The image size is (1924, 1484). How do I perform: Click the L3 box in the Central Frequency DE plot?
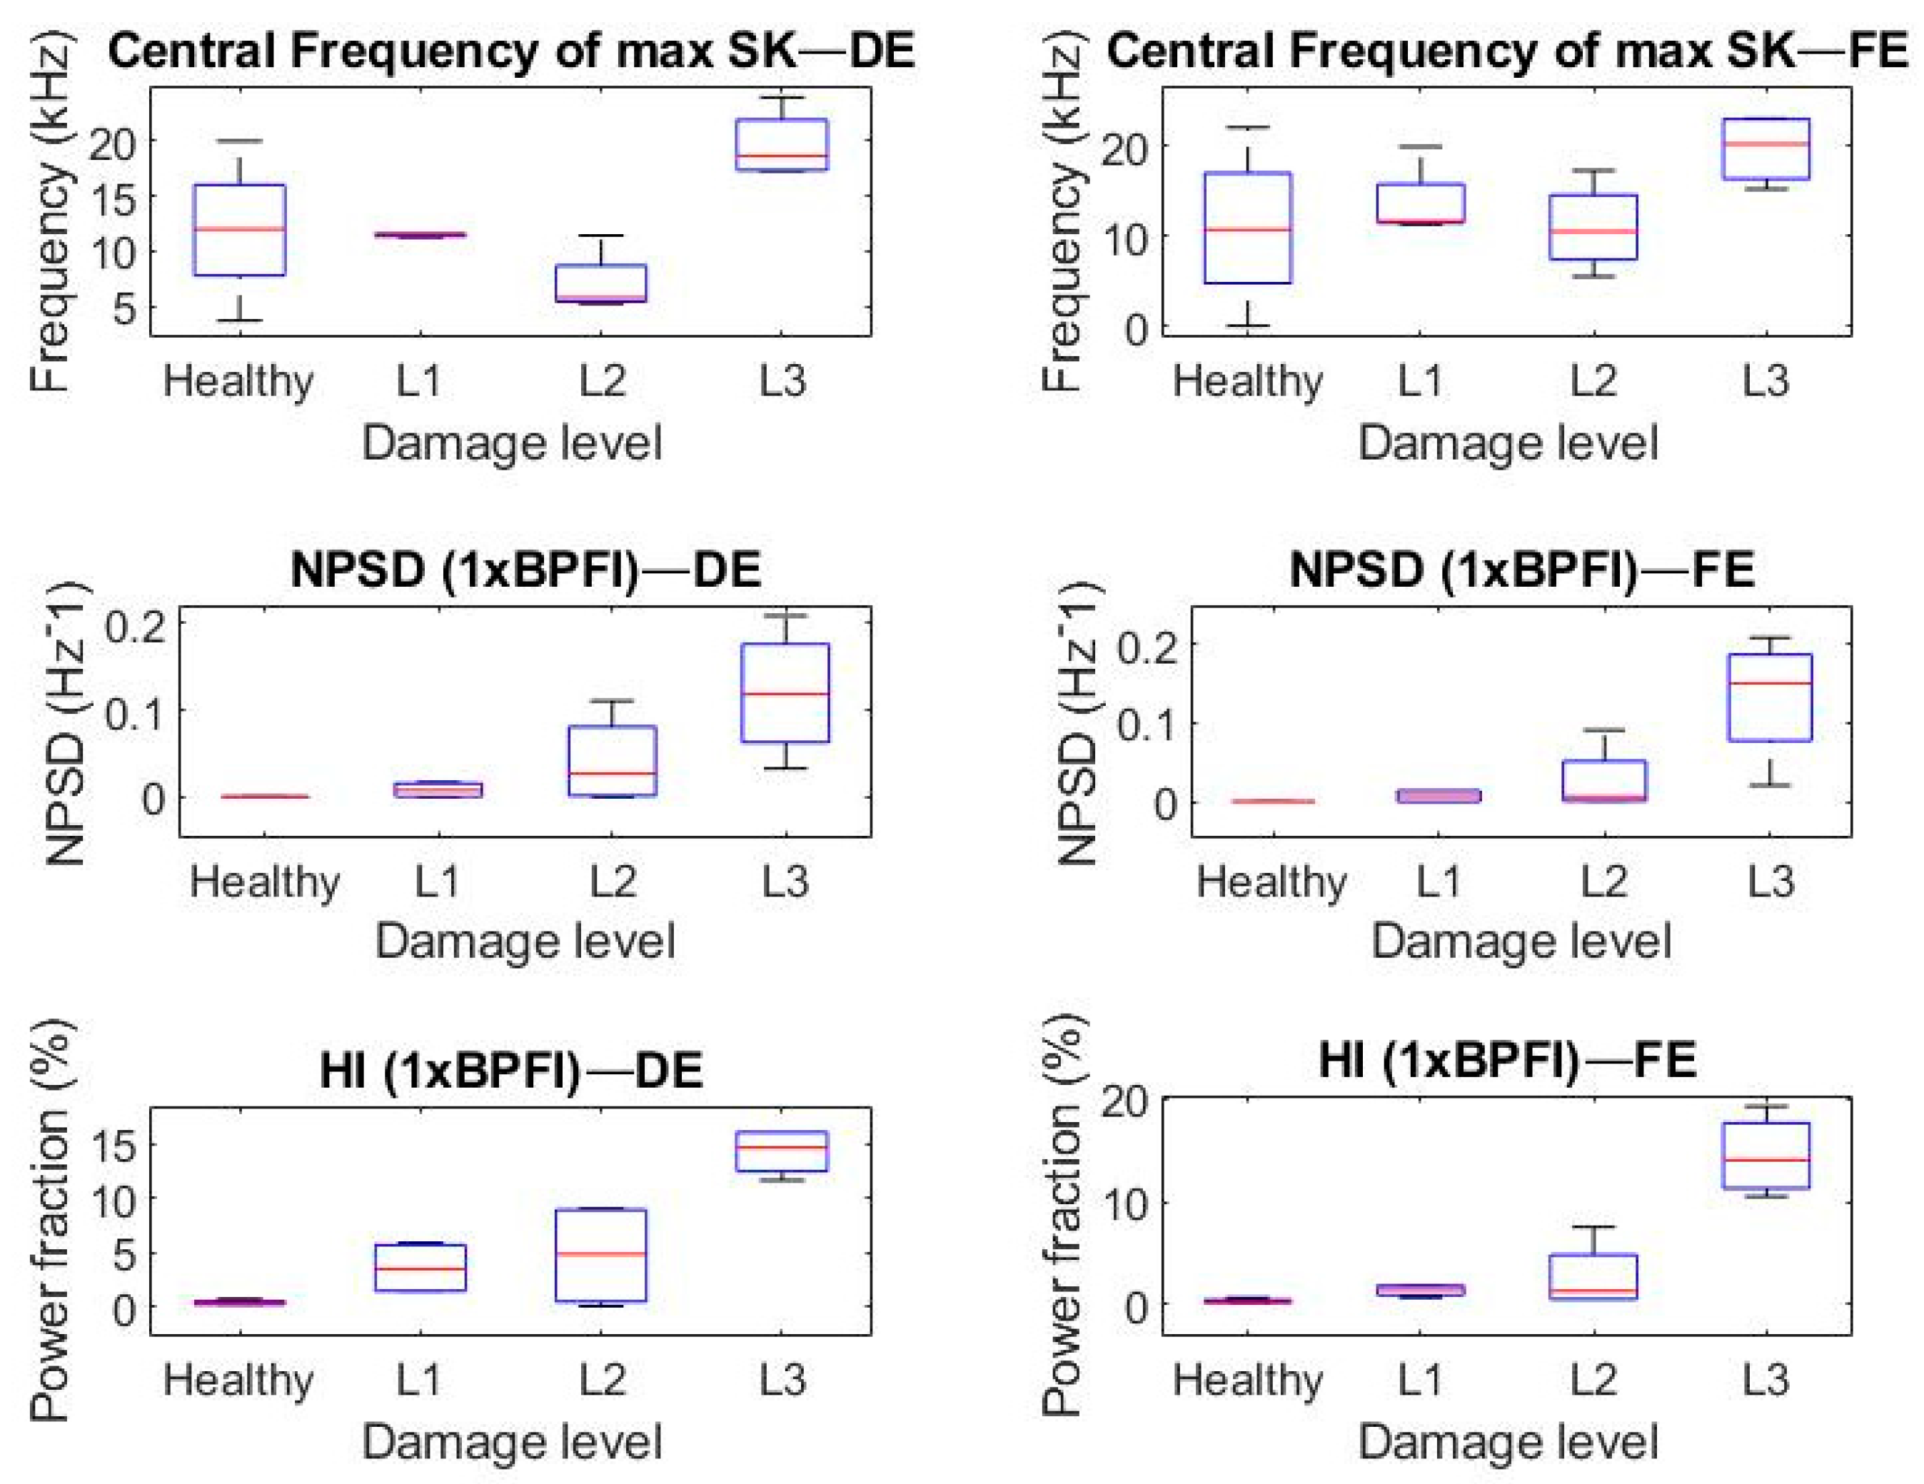[x=782, y=143]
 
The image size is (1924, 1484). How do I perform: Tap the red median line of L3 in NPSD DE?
[x=785, y=693]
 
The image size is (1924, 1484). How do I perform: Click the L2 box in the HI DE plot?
[x=601, y=1254]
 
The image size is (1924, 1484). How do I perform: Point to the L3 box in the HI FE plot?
[x=1766, y=1155]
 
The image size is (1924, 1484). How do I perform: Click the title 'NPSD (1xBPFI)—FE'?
[x=1521, y=569]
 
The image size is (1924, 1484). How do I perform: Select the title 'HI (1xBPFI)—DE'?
[x=511, y=1070]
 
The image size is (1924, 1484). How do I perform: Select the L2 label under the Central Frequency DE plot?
[x=602, y=380]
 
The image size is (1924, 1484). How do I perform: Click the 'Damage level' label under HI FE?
[x=1509, y=1442]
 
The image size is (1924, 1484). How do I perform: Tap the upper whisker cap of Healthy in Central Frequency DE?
[x=238, y=141]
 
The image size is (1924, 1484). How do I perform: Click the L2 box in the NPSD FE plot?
[x=1604, y=780]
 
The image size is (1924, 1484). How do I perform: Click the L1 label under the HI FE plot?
[x=1419, y=1378]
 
